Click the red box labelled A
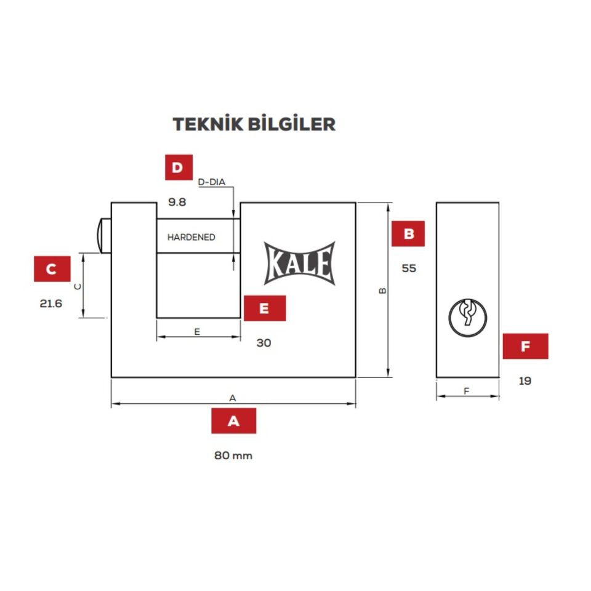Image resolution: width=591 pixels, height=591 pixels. coord(234,420)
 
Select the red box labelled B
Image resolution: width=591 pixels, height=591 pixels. coord(408,234)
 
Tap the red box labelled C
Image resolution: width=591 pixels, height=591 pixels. coord(52,269)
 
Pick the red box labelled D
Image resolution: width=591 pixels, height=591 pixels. coord(179,167)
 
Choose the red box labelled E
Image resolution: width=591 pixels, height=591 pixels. coord(265,308)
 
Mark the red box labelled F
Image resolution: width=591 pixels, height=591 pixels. coord(525,346)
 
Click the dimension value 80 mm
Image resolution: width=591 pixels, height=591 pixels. coord(233,456)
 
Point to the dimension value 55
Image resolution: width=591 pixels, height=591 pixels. coord(409,268)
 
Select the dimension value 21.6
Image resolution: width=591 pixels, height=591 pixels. coord(51,304)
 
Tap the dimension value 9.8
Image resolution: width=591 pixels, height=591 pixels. coord(177,202)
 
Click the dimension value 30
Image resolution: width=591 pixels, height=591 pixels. coord(264,343)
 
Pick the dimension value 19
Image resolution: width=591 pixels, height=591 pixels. coord(525,380)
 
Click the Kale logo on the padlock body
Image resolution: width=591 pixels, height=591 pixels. coord(300,263)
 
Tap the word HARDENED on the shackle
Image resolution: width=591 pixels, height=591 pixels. coord(191,237)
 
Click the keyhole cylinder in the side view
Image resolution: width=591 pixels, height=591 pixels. coord(468,318)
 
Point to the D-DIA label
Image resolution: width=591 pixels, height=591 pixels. coord(212,182)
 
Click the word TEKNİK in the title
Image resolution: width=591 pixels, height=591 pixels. coord(208,124)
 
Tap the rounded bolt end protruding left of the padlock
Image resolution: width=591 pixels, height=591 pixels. coord(103,236)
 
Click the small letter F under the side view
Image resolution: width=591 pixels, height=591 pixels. coord(467,392)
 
